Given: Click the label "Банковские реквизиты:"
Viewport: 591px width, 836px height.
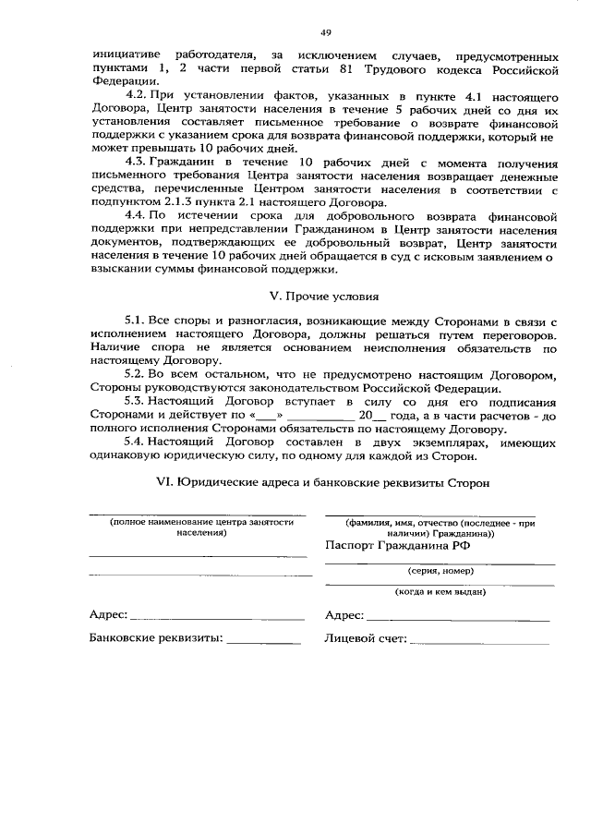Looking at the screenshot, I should pyautogui.click(x=156, y=637).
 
